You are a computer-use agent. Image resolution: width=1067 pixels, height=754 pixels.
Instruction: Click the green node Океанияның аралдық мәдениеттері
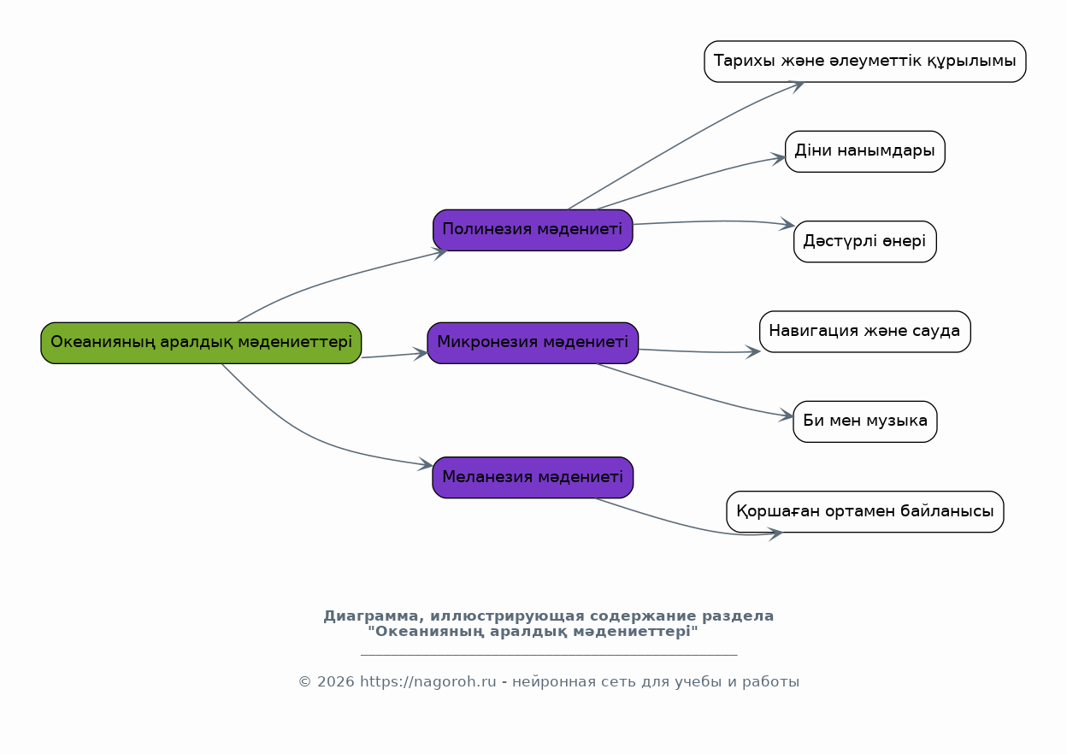click(201, 343)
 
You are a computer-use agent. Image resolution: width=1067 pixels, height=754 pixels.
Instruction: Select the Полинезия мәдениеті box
click(533, 230)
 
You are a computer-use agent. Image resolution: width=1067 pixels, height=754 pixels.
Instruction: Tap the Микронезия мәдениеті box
click(533, 343)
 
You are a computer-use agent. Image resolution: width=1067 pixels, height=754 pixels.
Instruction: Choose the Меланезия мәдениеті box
click(533, 477)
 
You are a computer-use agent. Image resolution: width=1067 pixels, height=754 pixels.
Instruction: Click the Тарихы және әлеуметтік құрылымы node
click(864, 62)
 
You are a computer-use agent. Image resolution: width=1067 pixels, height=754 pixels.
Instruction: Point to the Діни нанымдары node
click(864, 151)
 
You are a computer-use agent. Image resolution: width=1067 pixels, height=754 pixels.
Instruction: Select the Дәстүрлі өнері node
click(864, 242)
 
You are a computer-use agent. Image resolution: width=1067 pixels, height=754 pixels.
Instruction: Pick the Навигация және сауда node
click(864, 332)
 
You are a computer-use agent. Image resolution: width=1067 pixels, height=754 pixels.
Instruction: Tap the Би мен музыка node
click(864, 421)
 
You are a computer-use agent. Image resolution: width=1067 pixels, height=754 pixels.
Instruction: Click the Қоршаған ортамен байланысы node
click(864, 512)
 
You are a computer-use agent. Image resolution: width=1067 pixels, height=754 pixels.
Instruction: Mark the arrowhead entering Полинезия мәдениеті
click(440, 251)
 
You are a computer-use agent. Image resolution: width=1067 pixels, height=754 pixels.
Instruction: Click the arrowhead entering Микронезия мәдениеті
click(421, 352)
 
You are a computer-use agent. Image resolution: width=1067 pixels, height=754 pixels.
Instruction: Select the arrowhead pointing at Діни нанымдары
click(779, 157)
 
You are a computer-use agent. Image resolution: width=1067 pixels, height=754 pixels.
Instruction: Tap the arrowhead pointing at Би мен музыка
click(787, 417)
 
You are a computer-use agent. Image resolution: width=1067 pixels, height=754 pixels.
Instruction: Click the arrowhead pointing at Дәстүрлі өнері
click(787, 226)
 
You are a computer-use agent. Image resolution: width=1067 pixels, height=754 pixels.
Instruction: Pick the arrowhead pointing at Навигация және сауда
click(753, 351)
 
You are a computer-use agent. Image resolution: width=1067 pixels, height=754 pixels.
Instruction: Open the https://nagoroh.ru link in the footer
click(427, 682)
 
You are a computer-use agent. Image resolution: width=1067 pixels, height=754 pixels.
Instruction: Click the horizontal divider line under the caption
click(549, 655)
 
